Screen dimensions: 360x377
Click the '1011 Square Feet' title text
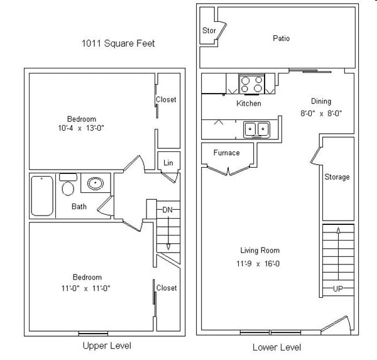click(117, 43)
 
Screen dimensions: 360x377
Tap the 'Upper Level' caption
click(107, 346)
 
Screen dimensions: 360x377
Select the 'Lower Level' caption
click(276, 347)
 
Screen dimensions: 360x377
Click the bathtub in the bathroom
click(43, 195)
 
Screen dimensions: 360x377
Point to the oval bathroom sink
click(95, 183)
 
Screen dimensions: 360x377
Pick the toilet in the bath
click(68, 186)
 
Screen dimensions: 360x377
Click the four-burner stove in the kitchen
click(251, 84)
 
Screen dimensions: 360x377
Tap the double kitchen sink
click(256, 129)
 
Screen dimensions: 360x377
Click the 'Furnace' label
click(226, 153)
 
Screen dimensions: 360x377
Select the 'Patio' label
click(281, 38)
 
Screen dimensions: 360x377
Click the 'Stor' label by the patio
click(209, 30)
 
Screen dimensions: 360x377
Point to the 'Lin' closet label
click(168, 163)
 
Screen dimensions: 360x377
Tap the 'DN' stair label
click(167, 209)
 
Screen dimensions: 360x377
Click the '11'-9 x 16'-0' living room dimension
click(260, 263)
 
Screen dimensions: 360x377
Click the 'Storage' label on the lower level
click(337, 177)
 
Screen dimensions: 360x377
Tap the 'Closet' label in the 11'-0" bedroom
click(167, 288)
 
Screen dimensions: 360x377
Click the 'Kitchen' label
click(248, 104)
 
